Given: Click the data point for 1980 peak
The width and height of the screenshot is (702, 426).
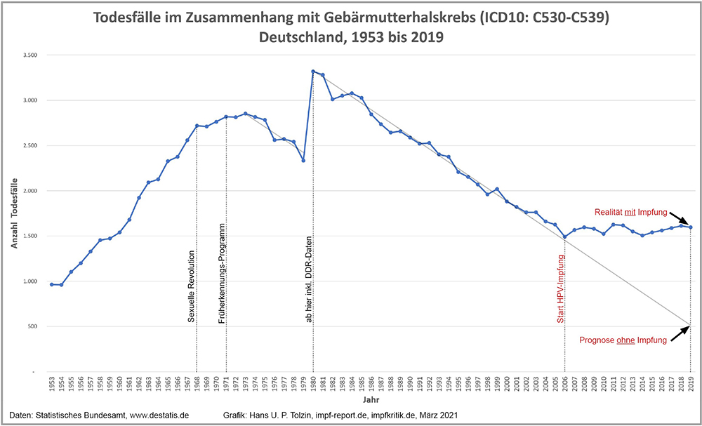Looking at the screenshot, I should [x=313, y=72].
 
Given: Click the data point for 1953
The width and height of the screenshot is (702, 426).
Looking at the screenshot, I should [x=51, y=284].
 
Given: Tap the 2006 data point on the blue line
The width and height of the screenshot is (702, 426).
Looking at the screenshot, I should [x=564, y=237].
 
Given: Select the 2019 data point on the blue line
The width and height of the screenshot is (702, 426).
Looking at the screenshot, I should [x=691, y=227].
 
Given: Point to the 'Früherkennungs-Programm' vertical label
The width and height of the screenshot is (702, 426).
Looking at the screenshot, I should [x=221, y=273].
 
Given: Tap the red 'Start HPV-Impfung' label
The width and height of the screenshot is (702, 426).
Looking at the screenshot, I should [x=561, y=288].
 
